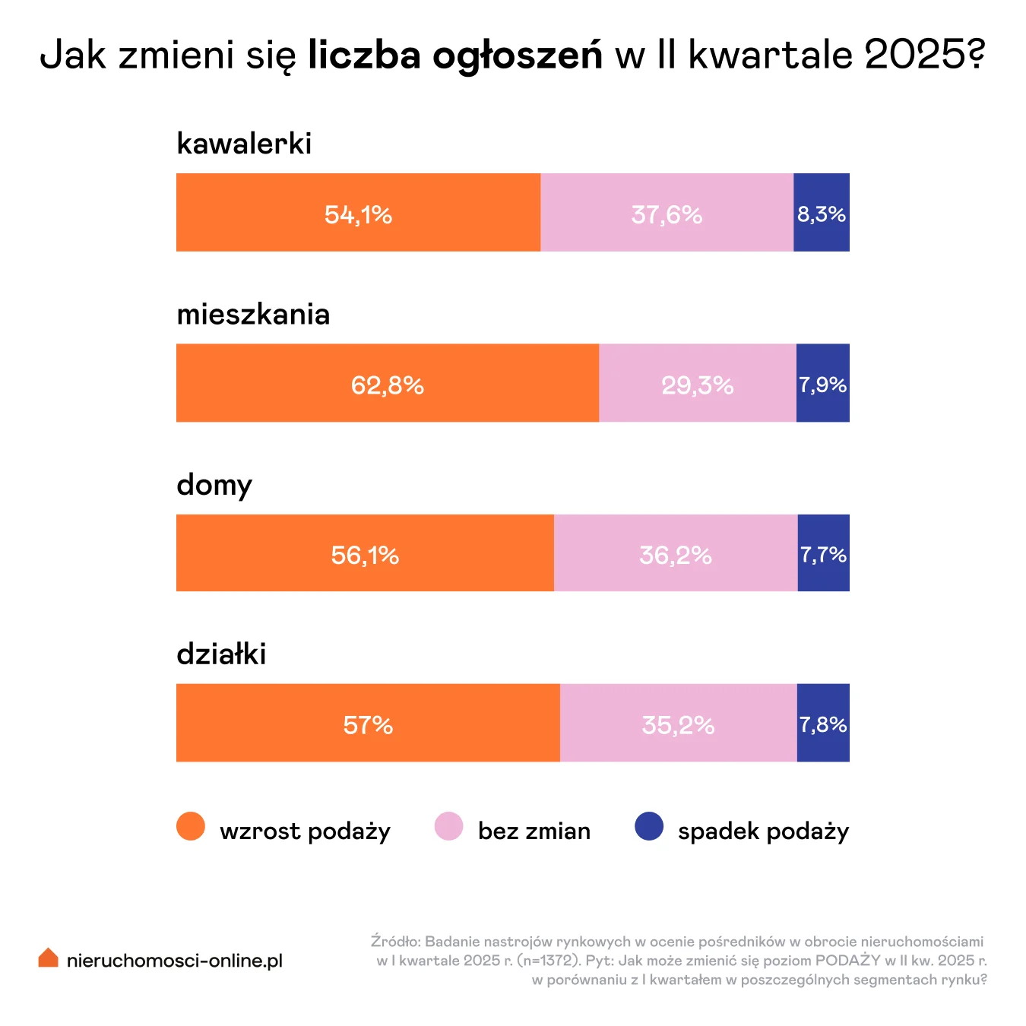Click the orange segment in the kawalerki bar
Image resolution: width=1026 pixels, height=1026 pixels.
pyautogui.click(x=358, y=212)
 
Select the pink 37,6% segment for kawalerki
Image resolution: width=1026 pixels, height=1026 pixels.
pyautogui.click(x=667, y=212)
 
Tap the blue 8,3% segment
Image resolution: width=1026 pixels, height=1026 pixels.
pyautogui.click(x=821, y=212)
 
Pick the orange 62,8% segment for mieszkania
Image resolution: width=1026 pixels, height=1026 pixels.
pyautogui.click(x=387, y=382)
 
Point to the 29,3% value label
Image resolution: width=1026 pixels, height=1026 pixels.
pyautogui.click(x=697, y=385)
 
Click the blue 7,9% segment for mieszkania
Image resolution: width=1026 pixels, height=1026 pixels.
pyautogui.click(x=822, y=382)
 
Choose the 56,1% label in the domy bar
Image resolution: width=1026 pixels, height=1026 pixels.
pyautogui.click(x=365, y=556)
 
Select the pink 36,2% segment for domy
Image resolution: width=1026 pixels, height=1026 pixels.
pyautogui.click(x=675, y=553)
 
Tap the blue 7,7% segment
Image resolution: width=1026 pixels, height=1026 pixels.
pyautogui.click(x=823, y=553)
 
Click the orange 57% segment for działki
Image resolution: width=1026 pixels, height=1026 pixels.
pyautogui.click(x=368, y=723)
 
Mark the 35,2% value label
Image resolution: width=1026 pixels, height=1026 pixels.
pyautogui.click(x=678, y=725)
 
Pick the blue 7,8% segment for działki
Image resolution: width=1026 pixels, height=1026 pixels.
pyautogui.click(x=822, y=723)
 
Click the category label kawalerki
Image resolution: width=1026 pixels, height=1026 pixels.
pyautogui.click(x=244, y=143)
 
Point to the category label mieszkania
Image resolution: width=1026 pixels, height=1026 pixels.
pyautogui.click(x=253, y=314)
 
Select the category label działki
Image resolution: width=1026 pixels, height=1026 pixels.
pyautogui.click(x=221, y=654)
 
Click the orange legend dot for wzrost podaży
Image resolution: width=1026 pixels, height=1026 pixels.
pyautogui.click(x=191, y=826)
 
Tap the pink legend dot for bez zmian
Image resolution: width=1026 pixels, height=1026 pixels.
pyautogui.click(x=448, y=826)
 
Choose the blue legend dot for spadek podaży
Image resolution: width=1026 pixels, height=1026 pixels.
pyautogui.click(x=649, y=826)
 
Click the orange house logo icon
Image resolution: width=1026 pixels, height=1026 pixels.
pyautogui.click(x=48, y=958)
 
